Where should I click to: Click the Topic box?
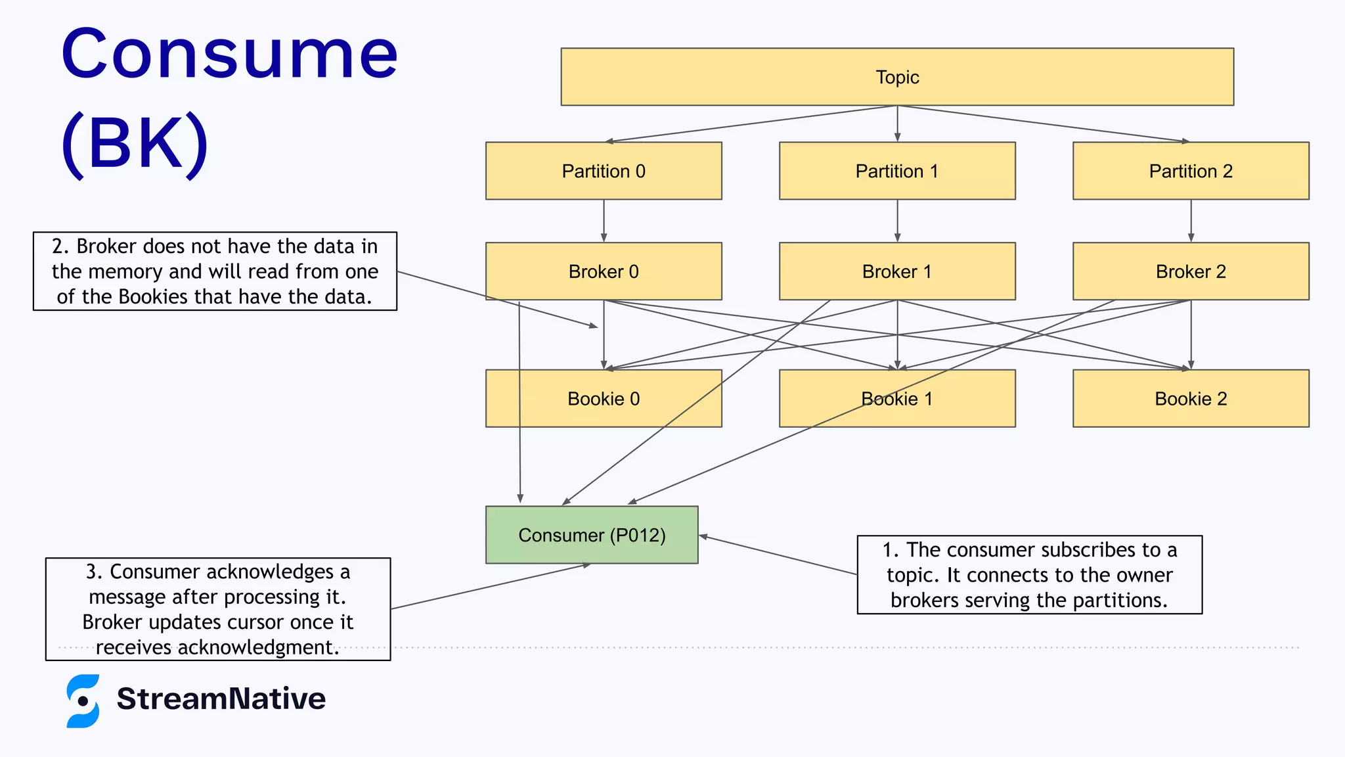897,77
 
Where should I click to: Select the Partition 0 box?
604,171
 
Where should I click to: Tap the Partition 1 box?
897,171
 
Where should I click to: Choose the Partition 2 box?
1191,171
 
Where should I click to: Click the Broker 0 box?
604,271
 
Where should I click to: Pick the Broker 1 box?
897,271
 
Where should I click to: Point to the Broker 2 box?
1191,271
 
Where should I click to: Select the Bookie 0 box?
604,399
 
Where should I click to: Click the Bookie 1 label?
897,399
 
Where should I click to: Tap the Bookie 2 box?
1191,399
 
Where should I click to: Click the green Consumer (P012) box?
592,535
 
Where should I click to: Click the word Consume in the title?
229,54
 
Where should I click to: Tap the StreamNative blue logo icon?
83,700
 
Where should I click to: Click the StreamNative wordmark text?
221,699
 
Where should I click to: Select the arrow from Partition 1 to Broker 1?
897,221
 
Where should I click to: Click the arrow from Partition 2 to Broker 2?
1191,221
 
